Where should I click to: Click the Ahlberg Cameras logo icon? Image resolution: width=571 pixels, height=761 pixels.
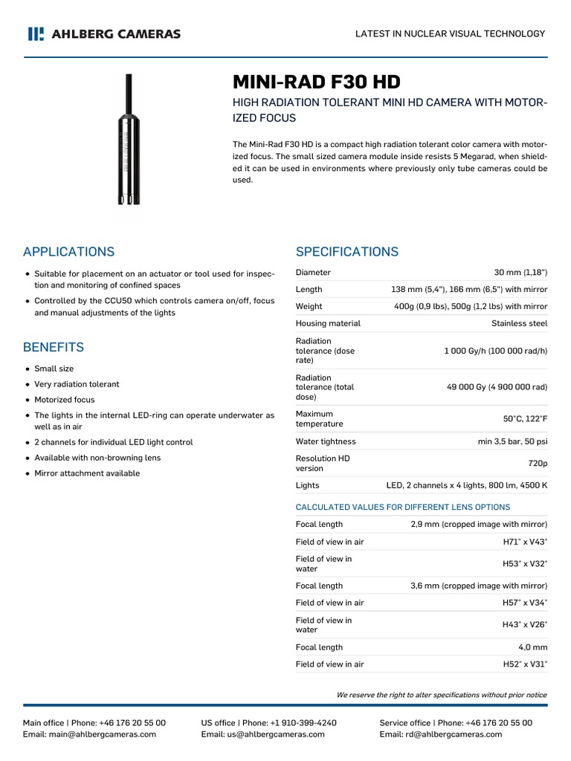(x=35, y=33)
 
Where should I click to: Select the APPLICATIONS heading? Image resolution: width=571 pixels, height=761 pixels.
(x=68, y=251)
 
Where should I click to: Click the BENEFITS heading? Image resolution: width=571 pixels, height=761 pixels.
(x=53, y=347)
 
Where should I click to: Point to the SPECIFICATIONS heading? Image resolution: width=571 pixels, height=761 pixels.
(x=346, y=251)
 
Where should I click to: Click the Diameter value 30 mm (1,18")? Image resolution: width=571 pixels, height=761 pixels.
(x=520, y=272)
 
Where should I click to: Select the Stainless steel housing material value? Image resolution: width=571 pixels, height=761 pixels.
(x=519, y=323)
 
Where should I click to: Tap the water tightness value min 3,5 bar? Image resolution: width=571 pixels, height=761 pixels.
(x=512, y=441)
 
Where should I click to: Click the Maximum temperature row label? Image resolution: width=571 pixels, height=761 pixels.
(x=319, y=418)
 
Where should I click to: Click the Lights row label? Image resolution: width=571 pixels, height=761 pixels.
(x=307, y=485)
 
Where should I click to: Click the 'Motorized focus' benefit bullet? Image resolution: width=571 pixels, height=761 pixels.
(x=64, y=400)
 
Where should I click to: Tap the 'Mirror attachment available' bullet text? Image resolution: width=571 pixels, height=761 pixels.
(x=86, y=473)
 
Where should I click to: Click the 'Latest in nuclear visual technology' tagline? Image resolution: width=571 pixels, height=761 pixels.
(x=450, y=33)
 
